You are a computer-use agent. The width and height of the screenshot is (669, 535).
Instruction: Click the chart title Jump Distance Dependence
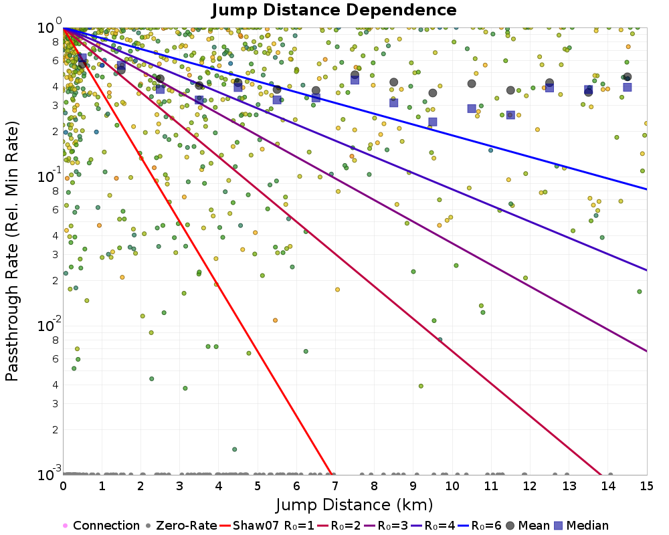(x=334, y=11)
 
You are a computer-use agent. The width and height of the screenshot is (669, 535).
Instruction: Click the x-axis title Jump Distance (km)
(x=355, y=504)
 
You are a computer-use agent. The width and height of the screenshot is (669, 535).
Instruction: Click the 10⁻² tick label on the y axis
(x=47, y=325)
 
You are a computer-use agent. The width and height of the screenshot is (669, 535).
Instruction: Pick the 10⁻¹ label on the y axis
(x=47, y=176)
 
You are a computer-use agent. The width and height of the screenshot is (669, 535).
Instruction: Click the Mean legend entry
(x=528, y=526)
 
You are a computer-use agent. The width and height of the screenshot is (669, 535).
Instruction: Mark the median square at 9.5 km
(x=433, y=122)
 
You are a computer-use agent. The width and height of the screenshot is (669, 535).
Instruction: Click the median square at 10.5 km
(x=472, y=108)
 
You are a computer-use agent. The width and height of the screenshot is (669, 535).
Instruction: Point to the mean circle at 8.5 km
(x=394, y=82)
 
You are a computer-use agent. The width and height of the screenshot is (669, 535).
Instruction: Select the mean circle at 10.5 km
(x=472, y=84)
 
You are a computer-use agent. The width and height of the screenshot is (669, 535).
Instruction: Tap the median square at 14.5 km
(x=628, y=87)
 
